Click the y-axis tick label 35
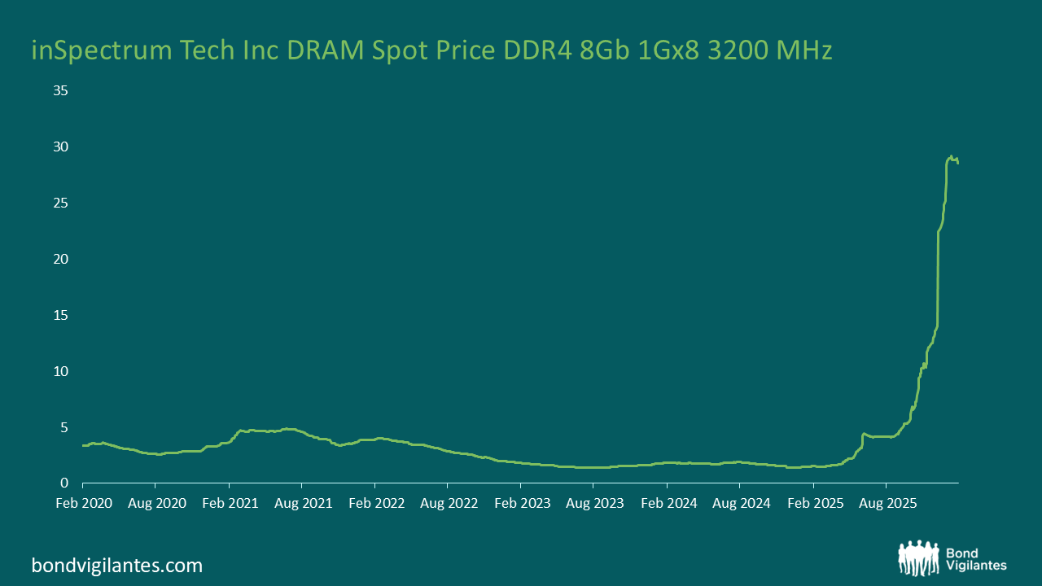60,90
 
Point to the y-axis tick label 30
60,146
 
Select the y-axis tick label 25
60,203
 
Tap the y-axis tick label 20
60,259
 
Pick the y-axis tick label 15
60,315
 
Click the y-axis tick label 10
60,371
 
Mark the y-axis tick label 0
63,483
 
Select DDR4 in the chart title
549,50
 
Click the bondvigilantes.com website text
117,565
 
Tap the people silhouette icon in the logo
919,558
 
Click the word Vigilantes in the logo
977,566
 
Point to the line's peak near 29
951,156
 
